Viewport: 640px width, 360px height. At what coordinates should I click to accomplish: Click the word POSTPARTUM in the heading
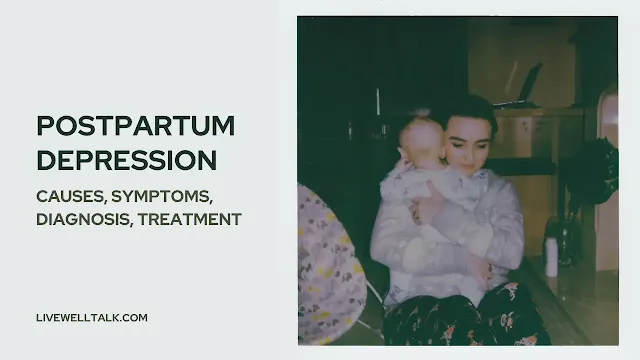pyautogui.click(x=136, y=126)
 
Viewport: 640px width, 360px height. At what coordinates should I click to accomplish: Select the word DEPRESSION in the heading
pyautogui.click(x=127, y=160)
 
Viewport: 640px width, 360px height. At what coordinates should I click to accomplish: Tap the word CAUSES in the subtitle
pyautogui.click(x=71, y=197)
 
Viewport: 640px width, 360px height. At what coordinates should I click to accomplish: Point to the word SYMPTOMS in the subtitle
pyautogui.click(x=162, y=197)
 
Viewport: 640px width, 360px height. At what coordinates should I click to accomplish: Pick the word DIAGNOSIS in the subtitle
pyautogui.click(x=85, y=219)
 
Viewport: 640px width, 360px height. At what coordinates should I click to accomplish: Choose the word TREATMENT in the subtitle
pyautogui.click(x=190, y=219)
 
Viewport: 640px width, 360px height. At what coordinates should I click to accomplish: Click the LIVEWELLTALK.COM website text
pyautogui.click(x=92, y=318)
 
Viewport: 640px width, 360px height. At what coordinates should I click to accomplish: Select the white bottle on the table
pyautogui.click(x=551, y=256)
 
